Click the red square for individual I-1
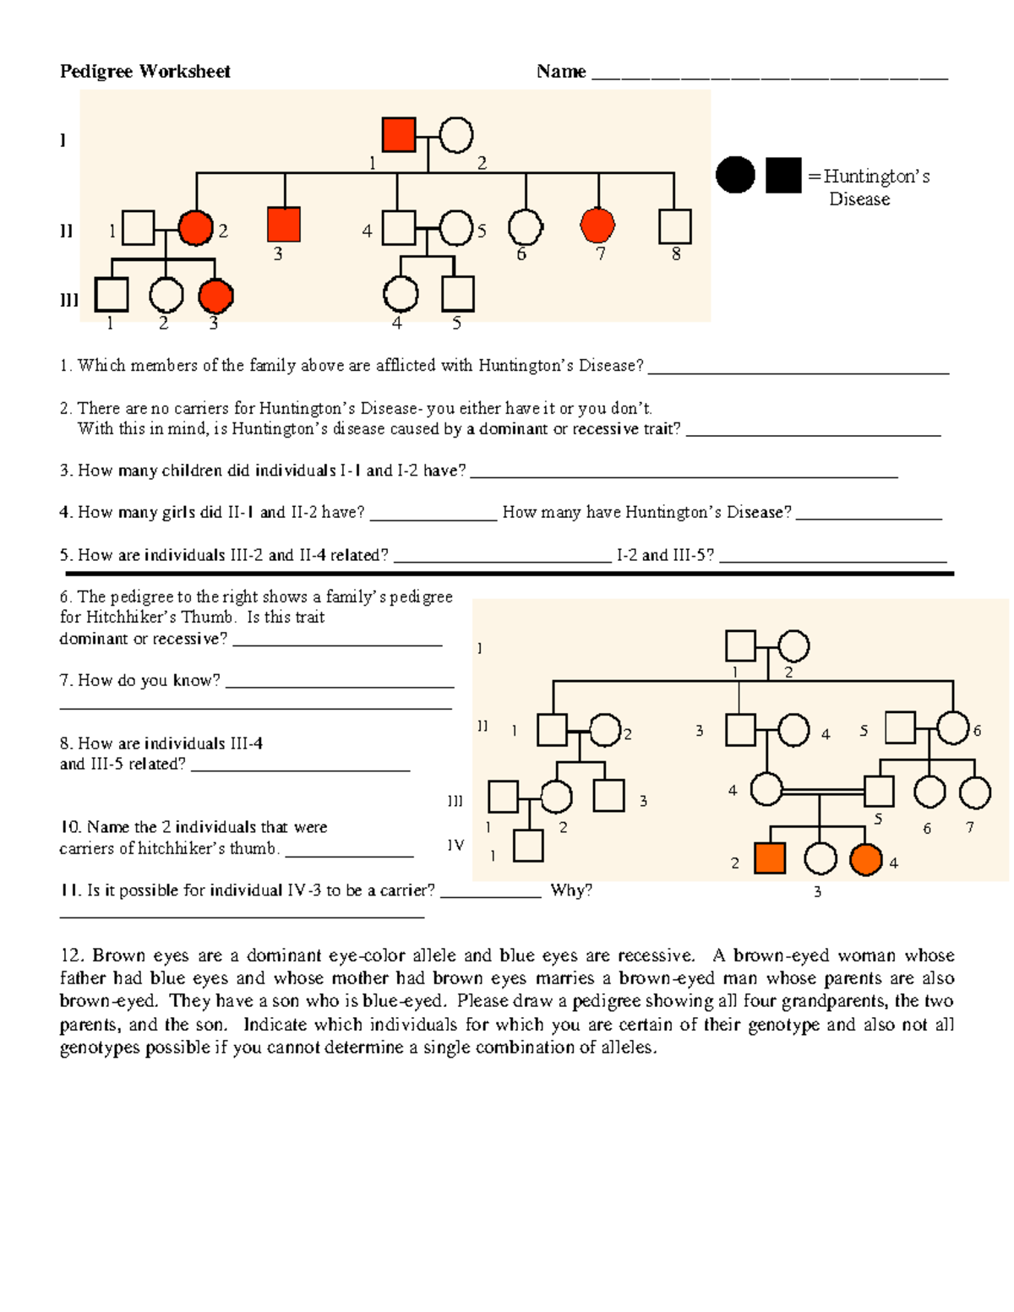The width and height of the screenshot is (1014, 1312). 399,134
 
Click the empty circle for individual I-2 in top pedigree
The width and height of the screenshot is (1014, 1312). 456,134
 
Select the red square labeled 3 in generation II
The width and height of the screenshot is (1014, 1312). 284,225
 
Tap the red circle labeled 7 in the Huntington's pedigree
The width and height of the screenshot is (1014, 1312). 598,225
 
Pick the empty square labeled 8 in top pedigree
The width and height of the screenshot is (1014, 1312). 674,226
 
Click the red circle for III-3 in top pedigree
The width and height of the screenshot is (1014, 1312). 215,296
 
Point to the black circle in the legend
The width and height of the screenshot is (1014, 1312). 735,175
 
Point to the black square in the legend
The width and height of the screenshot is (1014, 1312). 783,175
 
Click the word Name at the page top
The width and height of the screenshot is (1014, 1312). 561,72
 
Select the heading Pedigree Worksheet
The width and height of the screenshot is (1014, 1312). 144,72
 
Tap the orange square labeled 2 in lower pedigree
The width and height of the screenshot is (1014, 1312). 770,858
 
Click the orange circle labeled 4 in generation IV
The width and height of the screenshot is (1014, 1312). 866,859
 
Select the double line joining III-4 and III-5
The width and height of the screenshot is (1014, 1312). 824,792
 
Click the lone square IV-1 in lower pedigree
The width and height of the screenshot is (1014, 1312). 528,846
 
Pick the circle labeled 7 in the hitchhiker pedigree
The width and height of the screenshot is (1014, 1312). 975,792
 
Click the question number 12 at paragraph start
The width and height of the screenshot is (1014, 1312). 71,955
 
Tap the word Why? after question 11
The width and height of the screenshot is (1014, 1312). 571,890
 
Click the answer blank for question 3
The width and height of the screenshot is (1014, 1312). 683,472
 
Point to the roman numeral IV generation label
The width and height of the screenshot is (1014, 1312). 455,846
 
